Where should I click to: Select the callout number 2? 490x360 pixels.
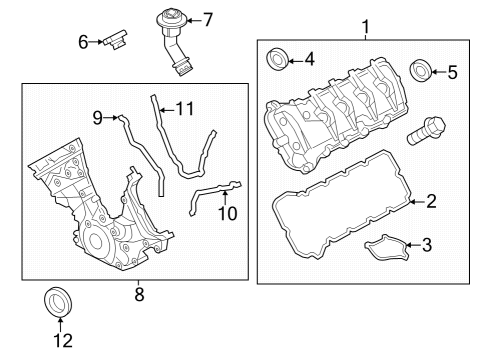pyautogui.click(x=431, y=201)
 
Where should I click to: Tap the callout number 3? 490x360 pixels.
pyautogui.click(x=427, y=243)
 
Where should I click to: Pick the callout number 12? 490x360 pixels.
pyautogui.click(x=62, y=341)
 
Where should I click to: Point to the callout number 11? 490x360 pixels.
pyautogui.click(x=181, y=107)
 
